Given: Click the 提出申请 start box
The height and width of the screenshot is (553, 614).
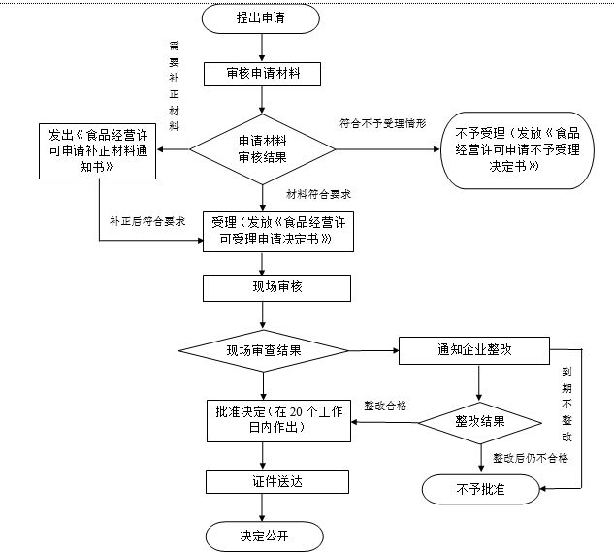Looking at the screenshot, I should (261, 18).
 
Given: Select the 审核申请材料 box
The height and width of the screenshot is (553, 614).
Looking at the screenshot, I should (262, 74).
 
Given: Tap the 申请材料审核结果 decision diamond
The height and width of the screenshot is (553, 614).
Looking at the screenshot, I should (262, 149).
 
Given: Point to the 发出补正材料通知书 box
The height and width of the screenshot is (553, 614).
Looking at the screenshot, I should (98, 150).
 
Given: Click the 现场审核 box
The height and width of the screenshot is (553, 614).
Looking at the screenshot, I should (262, 287).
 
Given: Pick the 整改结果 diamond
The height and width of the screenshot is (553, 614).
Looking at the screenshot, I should (480, 422).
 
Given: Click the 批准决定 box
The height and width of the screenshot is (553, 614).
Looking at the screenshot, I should (278, 420).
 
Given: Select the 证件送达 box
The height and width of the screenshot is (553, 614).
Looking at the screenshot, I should (262, 481).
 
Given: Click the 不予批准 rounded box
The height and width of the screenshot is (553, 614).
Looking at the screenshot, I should (480, 490).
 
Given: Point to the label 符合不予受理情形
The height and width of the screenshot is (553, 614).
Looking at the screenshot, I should (381, 125).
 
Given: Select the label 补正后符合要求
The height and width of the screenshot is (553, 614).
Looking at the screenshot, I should (147, 221).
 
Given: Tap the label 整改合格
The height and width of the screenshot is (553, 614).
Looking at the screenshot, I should (385, 404).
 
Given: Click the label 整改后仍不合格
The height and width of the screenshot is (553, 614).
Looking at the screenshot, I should (530, 458).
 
